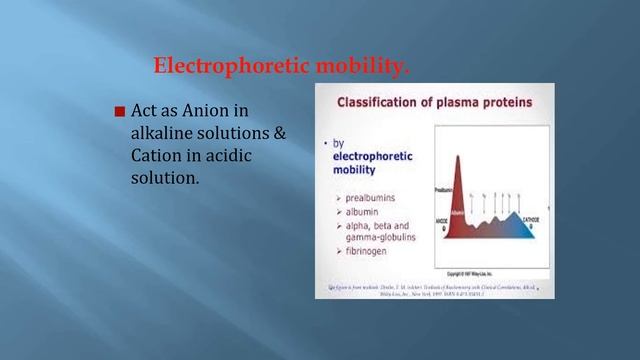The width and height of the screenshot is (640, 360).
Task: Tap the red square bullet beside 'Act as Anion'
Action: [120, 111]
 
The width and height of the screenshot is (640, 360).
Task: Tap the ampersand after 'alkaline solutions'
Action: [280, 133]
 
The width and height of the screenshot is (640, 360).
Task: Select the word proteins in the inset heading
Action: [504, 102]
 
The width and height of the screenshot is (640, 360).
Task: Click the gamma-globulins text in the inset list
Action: [375, 239]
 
